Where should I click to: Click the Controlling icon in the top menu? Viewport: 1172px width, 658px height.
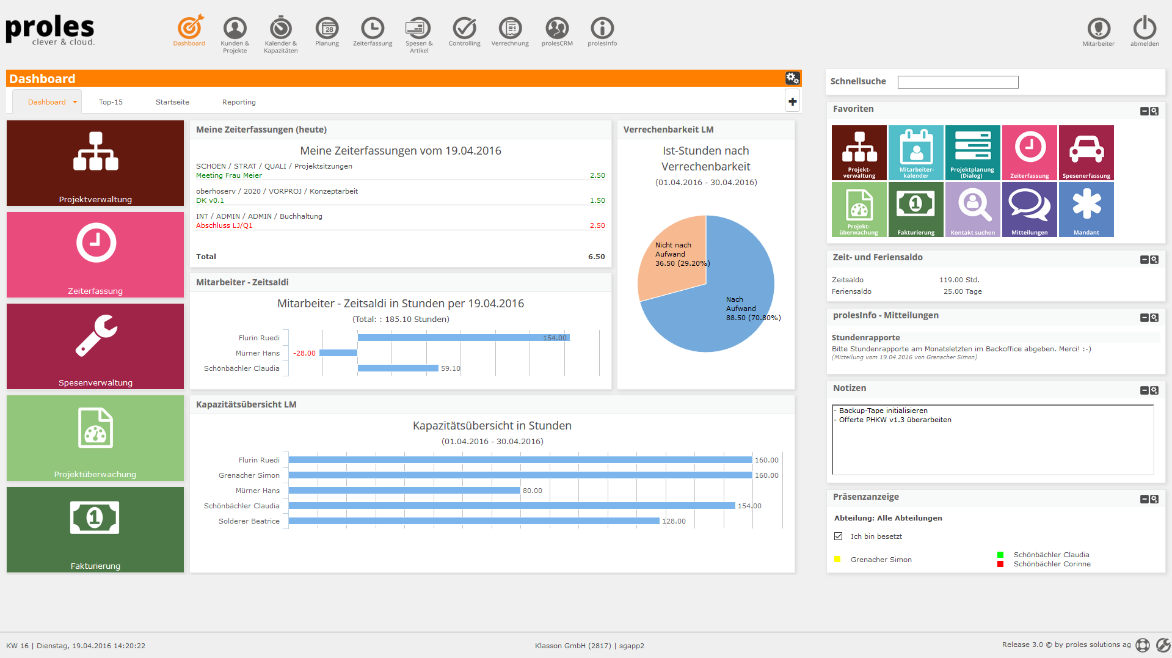pos(464,29)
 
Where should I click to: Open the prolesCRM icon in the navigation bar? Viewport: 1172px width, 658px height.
pos(557,29)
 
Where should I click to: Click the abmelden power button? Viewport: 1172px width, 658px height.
pos(1145,29)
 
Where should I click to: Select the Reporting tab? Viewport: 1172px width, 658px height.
pos(239,102)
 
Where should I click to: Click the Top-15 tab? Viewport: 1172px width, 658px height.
pos(111,102)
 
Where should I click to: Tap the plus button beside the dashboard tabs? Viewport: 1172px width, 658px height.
pos(792,101)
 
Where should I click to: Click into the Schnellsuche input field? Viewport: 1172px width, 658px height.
pos(958,82)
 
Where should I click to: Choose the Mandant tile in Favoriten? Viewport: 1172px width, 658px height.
pos(1086,210)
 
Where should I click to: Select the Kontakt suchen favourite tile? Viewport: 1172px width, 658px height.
pos(972,210)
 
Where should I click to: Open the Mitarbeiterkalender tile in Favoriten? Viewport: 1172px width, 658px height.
pos(915,153)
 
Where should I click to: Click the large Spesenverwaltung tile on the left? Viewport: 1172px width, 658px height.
pos(95,346)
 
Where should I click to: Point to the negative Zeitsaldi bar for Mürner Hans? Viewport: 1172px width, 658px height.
pos(338,353)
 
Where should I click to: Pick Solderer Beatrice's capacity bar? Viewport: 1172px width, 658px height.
pos(474,521)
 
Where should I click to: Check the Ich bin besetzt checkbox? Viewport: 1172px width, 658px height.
pos(839,536)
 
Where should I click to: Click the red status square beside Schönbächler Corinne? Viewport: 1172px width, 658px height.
pos(1000,564)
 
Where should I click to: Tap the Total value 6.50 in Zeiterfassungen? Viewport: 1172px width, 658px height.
pos(596,257)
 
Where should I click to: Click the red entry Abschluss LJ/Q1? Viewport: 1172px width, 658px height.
pos(224,226)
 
